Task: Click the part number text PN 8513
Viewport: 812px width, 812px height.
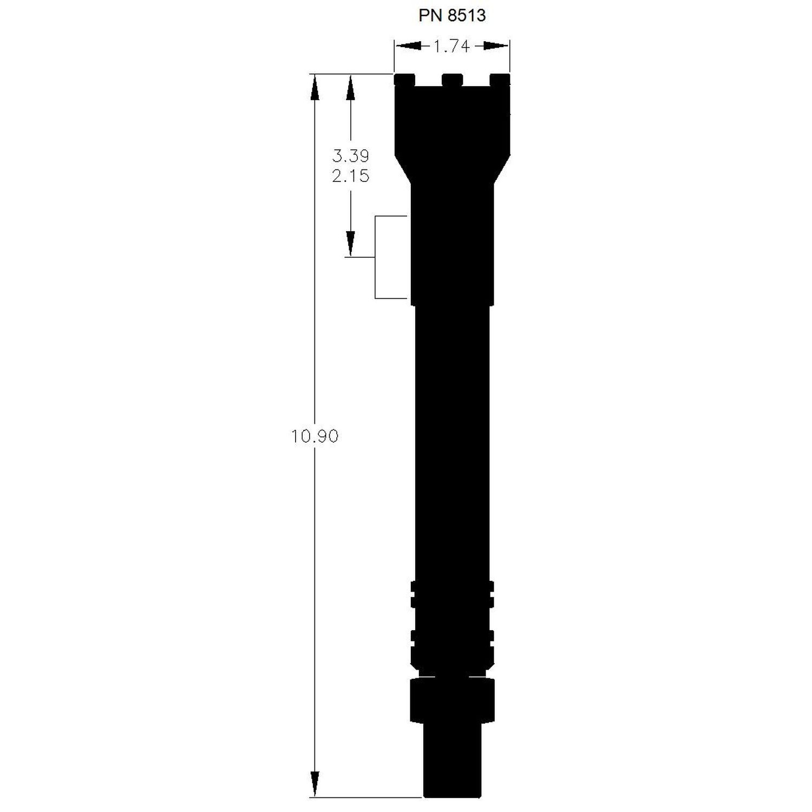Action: click(452, 16)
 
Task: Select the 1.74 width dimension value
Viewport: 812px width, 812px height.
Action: click(451, 47)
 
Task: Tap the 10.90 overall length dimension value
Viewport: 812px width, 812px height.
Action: click(315, 436)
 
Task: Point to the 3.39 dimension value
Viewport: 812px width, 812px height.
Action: click(350, 156)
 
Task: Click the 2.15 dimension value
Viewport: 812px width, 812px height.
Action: click(350, 176)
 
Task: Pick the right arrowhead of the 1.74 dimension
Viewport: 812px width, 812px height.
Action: click(496, 47)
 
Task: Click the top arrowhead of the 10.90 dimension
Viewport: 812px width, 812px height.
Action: click(314, 87)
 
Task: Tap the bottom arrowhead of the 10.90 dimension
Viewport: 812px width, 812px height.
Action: click(314, 784)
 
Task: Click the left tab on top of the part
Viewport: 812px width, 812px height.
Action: click(405, 80)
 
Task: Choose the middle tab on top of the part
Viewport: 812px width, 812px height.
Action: click(453, 80)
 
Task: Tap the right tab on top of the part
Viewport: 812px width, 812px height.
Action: click(500, 80)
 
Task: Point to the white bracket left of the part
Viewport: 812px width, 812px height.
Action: click(376, 257)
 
